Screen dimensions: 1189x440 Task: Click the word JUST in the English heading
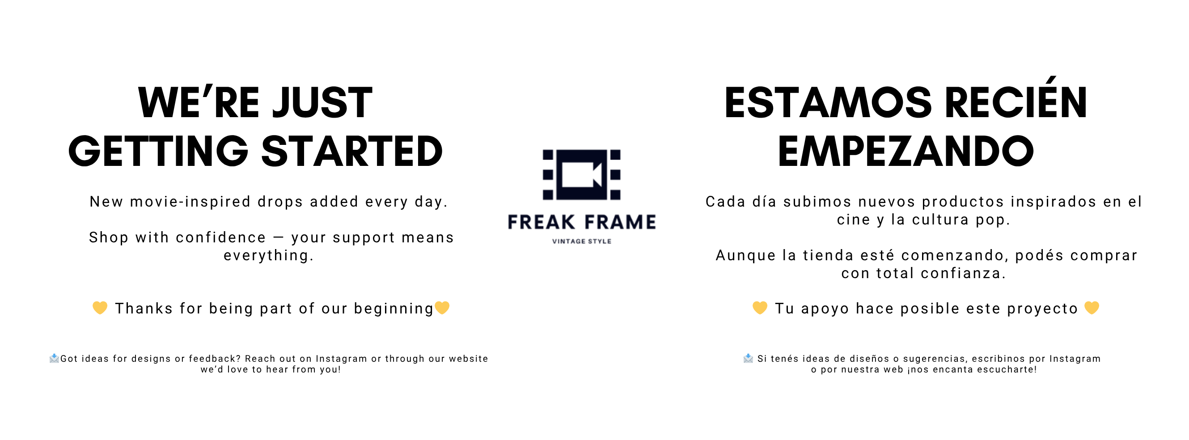point(322,102)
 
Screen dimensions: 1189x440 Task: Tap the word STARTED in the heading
point(352,151)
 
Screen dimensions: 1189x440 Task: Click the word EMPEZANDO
point(906,151)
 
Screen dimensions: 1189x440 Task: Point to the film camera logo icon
point(582,174)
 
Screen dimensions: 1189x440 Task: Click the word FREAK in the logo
point(542,222)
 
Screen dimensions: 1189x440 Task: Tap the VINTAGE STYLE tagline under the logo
point(582,241)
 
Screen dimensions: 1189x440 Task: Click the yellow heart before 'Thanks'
point(100,308)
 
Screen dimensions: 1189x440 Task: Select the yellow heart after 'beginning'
point(442,308)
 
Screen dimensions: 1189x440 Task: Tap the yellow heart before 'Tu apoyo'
point(760,308)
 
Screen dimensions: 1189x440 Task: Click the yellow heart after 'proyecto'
point(1092,308)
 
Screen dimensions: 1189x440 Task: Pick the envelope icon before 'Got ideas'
point(54,358)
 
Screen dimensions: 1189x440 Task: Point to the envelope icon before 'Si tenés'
point(748,358)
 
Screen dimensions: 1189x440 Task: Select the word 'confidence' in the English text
point(220,237)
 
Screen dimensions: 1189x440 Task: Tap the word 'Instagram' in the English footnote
point(341,359)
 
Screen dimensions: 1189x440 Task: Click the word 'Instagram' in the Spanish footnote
point(1075,359)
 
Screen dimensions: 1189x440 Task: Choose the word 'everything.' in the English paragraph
point(269,255)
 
